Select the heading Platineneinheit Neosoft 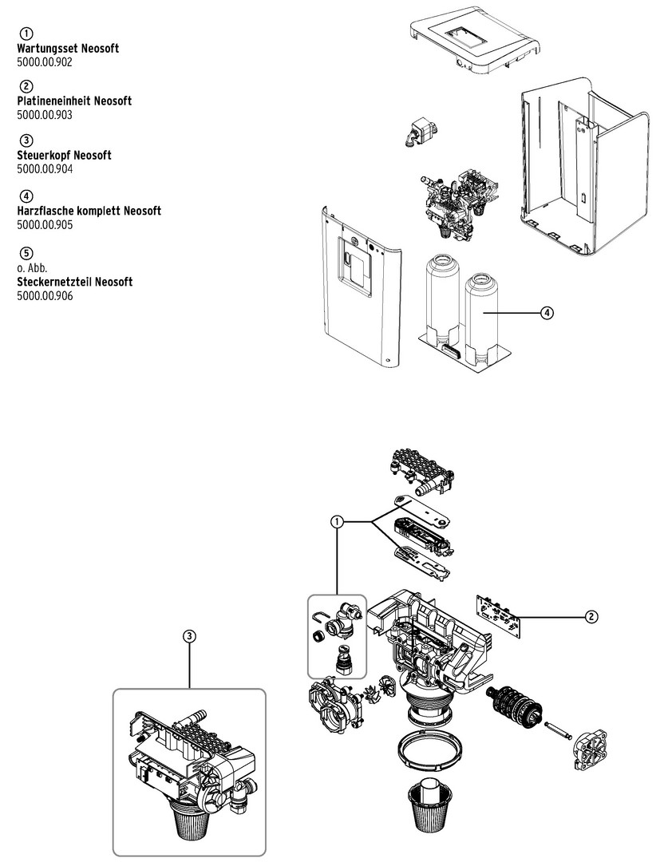74,101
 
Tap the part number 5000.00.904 45,168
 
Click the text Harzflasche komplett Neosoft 89,211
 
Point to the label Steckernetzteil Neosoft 74,282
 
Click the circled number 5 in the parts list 26,255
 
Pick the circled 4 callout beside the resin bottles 546,313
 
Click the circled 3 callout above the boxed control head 188,636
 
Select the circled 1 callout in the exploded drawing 338,522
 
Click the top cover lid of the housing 472,44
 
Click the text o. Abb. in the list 29,269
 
